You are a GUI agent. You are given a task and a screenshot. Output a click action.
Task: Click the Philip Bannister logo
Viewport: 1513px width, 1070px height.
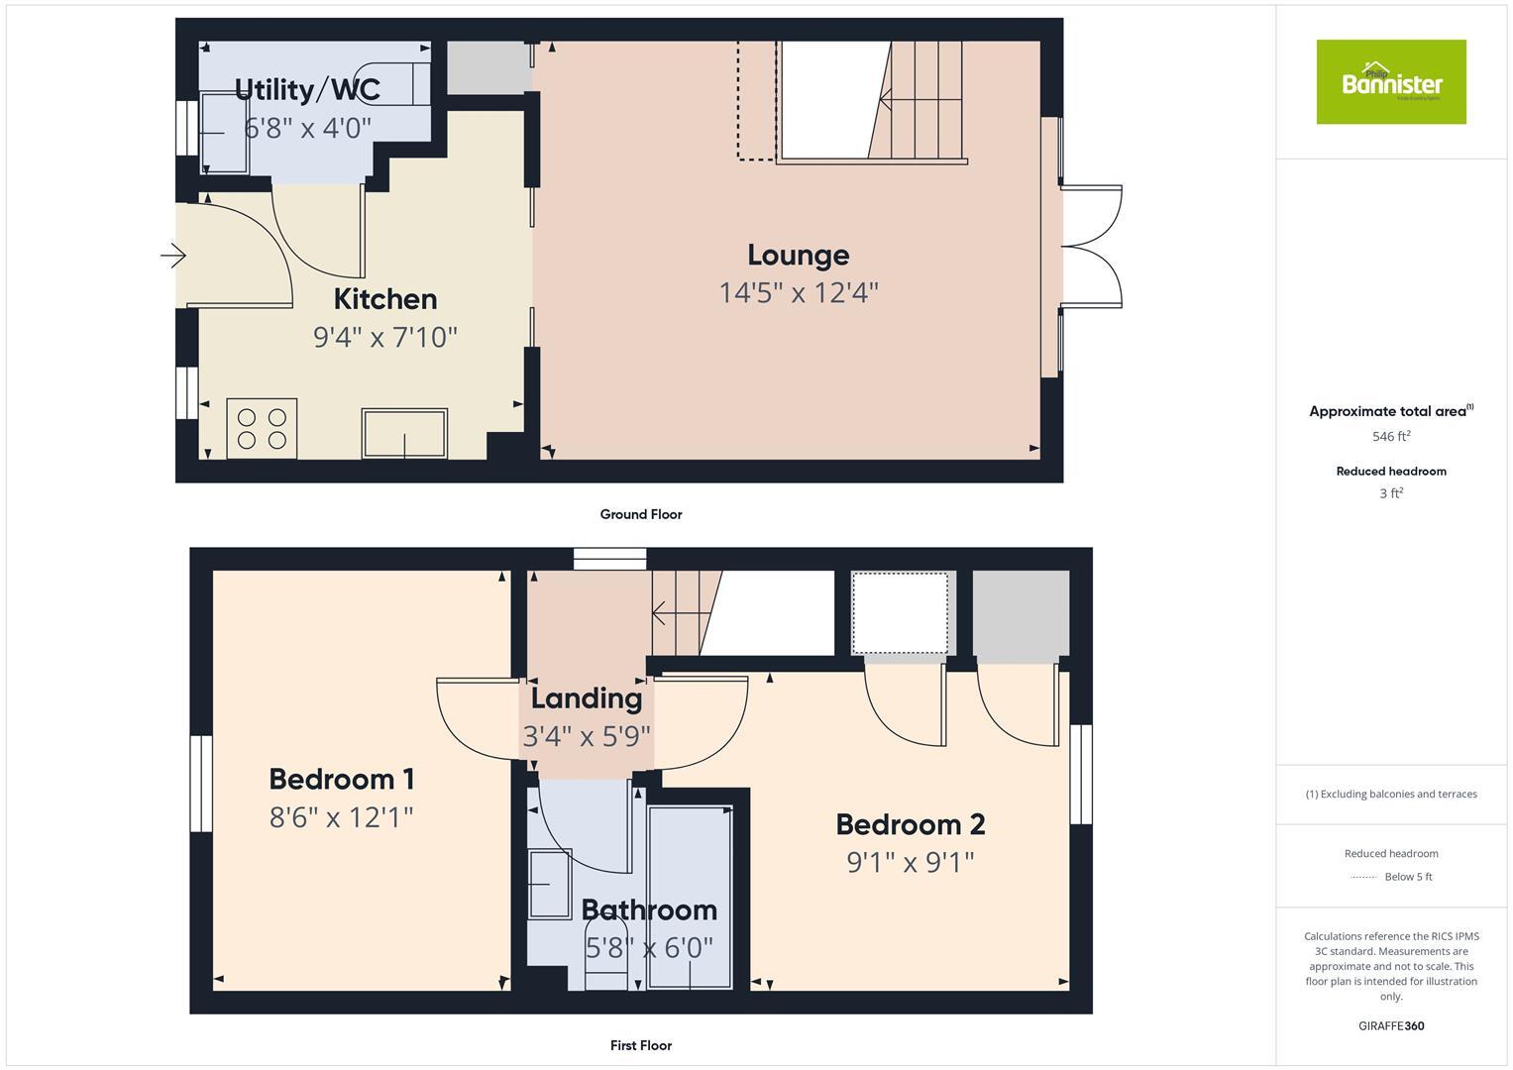tap(1390, 82)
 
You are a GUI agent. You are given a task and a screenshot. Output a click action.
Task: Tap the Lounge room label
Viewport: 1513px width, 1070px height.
tap(798, 256)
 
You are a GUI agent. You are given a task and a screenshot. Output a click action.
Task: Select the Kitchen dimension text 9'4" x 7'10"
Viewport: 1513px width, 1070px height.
tap(384, 338)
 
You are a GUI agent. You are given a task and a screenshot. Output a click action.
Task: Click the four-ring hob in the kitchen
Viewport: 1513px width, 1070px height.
tap(262, 428)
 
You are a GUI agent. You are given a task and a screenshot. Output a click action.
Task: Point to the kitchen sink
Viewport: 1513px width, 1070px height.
tap(403, 433)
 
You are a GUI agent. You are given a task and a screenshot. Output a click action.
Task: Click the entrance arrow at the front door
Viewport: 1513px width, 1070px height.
tap(173, 256)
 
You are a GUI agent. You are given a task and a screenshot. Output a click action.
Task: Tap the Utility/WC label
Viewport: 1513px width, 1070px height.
tap(307, 90)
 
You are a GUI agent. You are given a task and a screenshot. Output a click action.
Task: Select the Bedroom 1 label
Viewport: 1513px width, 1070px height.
tap(341, 780)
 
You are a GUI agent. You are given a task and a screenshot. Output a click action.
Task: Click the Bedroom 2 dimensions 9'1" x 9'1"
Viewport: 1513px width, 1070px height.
tap(910, 862)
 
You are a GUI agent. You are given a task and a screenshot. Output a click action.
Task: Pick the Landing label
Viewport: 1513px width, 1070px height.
tap(586, 698)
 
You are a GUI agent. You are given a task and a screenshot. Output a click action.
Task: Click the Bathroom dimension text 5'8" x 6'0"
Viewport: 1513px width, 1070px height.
tap(649, 948)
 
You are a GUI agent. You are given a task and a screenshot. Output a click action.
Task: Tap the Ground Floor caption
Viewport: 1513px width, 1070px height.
tap(640, 514)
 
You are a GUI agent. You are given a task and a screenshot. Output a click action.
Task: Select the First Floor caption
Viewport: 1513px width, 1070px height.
tap(640, 1045)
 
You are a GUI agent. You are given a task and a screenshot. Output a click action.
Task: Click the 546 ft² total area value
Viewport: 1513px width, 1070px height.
tap(1390, 436)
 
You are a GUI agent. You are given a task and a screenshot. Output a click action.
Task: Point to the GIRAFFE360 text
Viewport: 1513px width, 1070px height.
tap(1390, 1026)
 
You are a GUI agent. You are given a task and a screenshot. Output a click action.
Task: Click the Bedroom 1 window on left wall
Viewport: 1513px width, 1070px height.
tap(201, 783)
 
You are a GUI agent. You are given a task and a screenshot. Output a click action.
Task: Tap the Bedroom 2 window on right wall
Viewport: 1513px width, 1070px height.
tap(1081, 774)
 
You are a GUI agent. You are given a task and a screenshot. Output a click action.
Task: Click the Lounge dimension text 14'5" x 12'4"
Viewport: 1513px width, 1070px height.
tap(798, 293)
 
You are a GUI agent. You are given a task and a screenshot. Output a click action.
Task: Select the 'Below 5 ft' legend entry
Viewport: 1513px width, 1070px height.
tap(1407, 877)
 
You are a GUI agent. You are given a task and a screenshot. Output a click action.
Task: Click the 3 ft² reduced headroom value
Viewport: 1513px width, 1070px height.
tap(1390, 493)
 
